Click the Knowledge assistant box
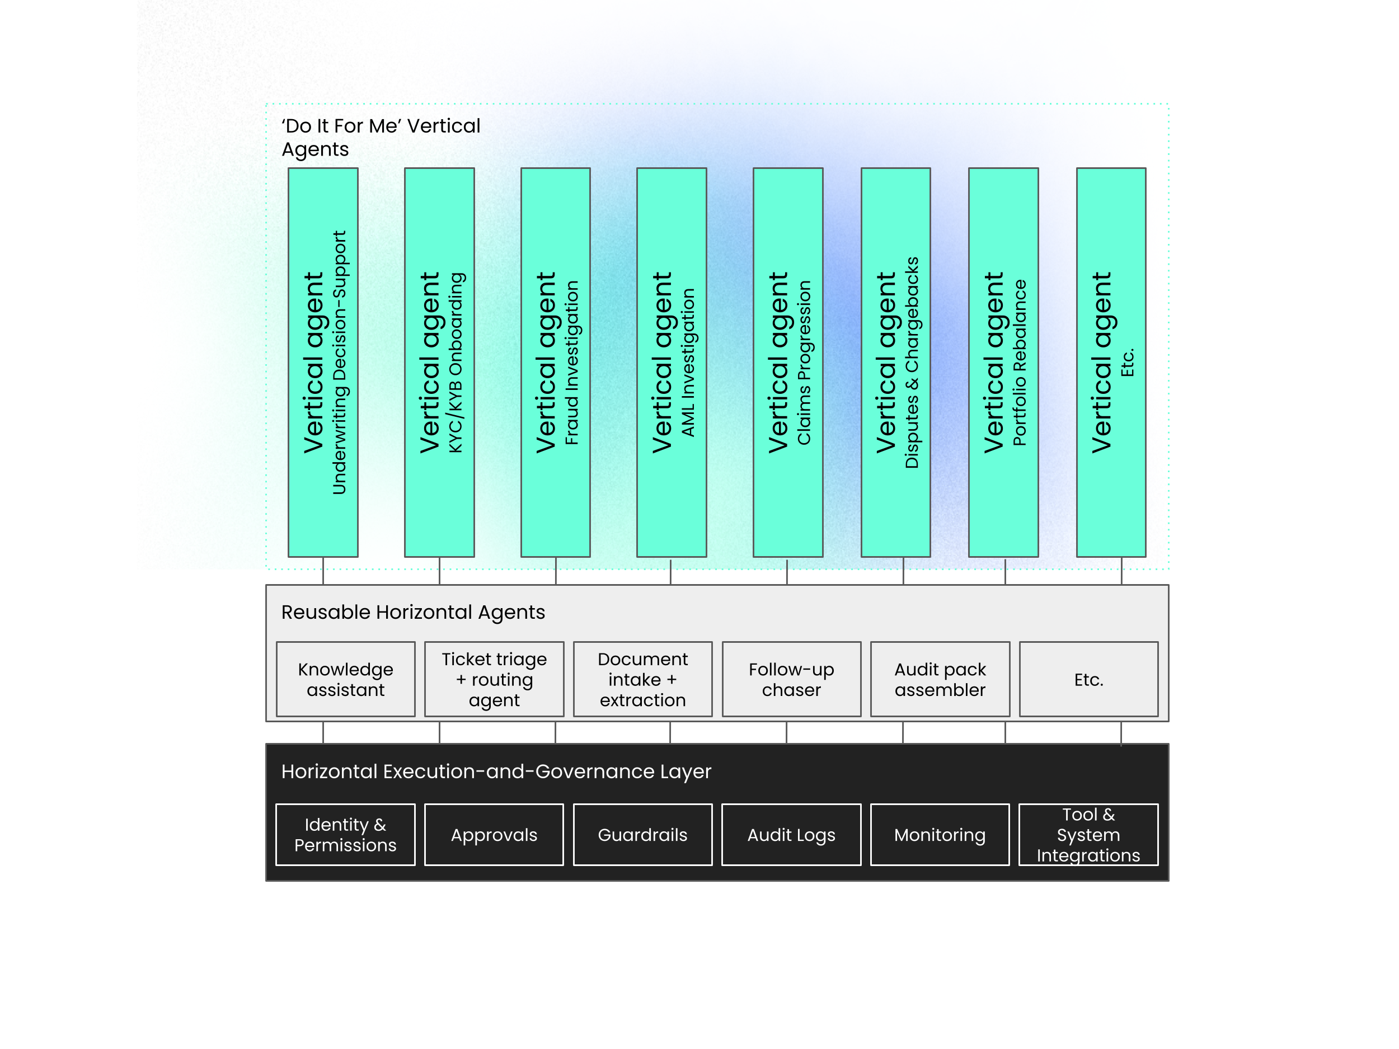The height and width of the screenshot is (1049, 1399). (x=345, y=679)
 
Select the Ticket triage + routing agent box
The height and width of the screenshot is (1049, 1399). (x=494, y=679)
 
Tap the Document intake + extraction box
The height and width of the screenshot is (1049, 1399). (x=642, y=679)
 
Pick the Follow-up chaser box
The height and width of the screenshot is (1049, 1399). (x=791, y=679)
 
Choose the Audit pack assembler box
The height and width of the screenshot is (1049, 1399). (x=940, y=679)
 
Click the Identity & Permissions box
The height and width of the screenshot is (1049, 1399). (x=345, y=835)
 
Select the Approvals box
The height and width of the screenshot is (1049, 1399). (x=494, y=835)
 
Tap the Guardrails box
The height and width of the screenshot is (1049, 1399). (x=642, y=835)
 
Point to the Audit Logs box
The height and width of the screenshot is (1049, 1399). (x=791, y=835)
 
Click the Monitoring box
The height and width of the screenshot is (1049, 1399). (x=940, y=835)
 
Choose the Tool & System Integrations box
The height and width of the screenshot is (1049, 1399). (x=1088, y=835)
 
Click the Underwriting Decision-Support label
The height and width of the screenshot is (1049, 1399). (x=340, y=363)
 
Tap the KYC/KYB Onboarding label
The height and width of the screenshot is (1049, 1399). (x=456, y=363)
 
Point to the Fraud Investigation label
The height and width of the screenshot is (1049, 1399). (x=572, y=363)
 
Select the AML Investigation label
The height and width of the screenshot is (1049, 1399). (x=688, y=363)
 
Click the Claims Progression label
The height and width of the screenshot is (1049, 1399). (x=804, y=363)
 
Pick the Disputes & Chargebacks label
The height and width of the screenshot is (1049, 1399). (x=912, y=363)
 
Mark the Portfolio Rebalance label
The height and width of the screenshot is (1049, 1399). (x=1020, y=363)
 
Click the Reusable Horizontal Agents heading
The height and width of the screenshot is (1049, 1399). (x=413, y=612)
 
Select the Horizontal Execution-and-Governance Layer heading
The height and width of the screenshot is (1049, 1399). (x=496, y=772)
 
